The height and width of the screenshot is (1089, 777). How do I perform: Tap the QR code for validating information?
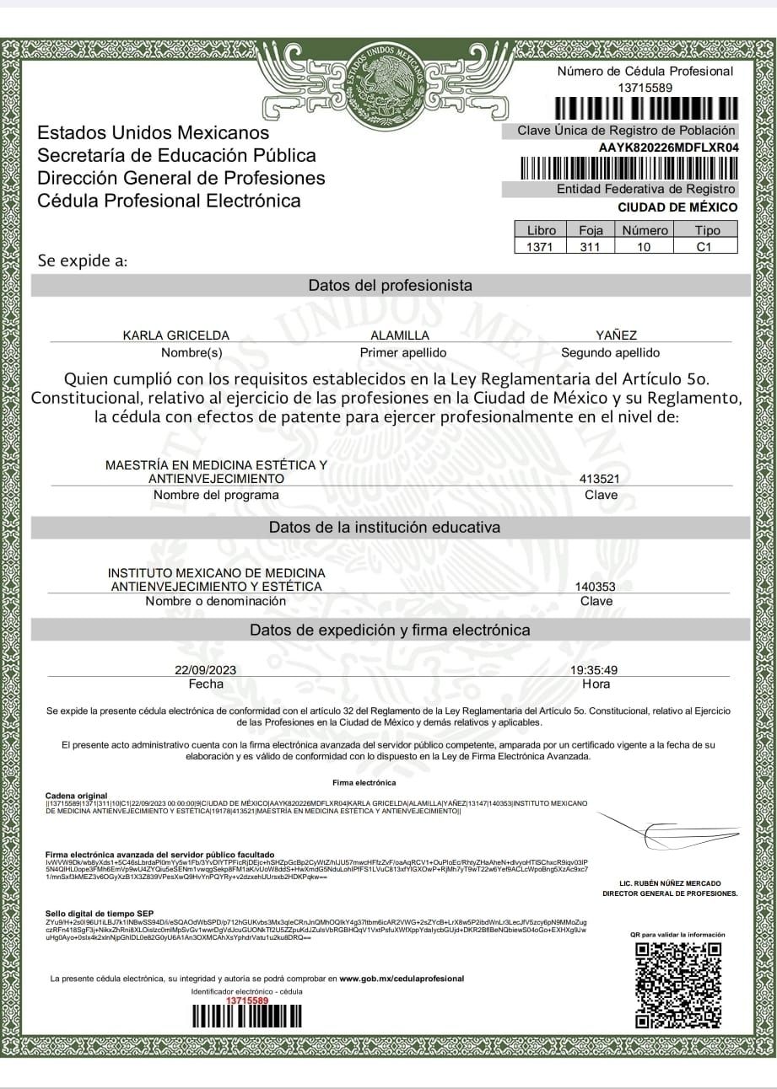[677, 984]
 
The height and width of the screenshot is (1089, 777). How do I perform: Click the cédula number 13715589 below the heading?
[645, 88]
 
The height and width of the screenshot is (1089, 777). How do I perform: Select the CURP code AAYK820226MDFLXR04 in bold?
[669, 148]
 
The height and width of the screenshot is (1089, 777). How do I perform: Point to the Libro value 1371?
[541, 247]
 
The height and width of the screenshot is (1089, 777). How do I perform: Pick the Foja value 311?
[590, 247]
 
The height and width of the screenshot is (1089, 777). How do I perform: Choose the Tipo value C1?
[704, 247]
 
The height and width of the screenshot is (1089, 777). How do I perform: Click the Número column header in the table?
[645, 230]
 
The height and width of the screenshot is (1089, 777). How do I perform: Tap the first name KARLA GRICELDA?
[176, 335]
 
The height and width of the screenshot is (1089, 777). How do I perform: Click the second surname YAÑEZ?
[616, 335]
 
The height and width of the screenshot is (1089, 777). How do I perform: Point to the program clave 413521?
[601, 479]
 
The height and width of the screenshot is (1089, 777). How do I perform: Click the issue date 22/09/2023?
[205, 670]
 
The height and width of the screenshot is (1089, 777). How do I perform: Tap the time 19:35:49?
[594, 670]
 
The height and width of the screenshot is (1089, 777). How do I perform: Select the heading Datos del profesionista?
[390, 286]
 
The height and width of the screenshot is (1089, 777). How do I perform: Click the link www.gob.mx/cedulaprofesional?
[402, 979]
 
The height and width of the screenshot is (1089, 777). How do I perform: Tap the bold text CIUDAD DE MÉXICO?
[677, 207]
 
